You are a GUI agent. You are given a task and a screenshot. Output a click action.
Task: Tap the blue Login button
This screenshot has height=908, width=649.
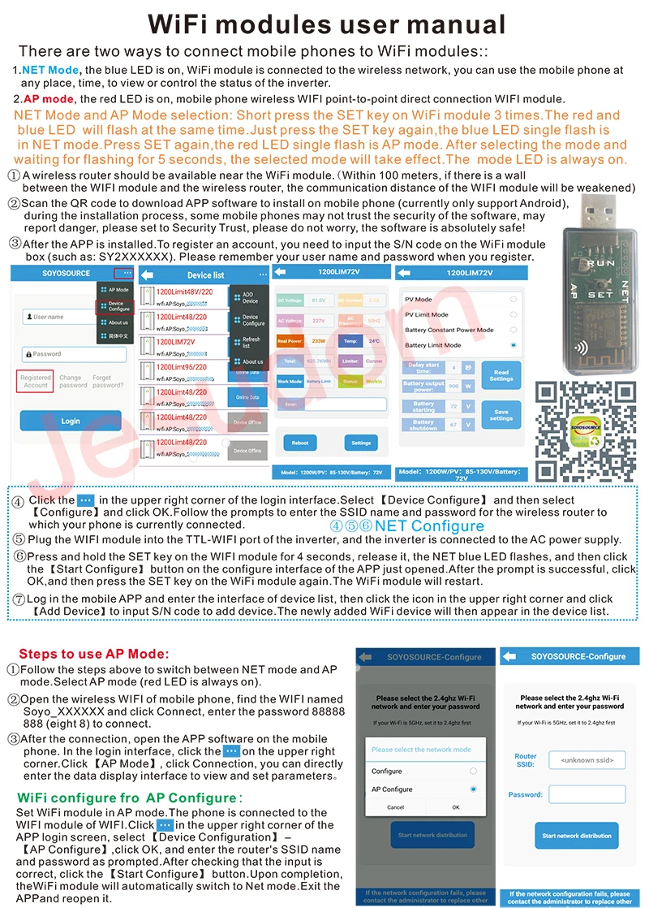[71, 420]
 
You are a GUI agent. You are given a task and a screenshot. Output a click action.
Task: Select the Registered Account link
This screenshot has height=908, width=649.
[36, 381]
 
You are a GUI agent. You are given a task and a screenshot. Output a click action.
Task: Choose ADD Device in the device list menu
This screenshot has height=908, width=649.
[250, 298]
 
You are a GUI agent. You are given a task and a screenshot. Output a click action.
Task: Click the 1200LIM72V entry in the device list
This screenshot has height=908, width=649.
[176, 343]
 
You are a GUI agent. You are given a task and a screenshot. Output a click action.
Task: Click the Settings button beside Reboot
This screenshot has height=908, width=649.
[361, 443]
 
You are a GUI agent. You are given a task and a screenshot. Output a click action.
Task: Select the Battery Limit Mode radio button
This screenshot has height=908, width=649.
[513, 345]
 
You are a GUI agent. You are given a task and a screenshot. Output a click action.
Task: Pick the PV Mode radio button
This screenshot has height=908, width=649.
[513, 299]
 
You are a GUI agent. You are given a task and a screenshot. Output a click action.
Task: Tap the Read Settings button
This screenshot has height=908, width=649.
[501, 375]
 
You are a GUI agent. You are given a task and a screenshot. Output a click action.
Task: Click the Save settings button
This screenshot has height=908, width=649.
[501, 414]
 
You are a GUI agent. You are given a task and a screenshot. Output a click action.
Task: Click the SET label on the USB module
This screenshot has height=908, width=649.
[601, 294]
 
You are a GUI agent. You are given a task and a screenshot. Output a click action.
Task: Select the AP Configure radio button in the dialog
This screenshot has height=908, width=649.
[473, 789]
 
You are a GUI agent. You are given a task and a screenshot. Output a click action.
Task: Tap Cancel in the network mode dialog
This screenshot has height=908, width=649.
[395, 807]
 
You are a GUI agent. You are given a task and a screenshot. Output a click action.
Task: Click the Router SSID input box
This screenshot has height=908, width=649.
[587, 760]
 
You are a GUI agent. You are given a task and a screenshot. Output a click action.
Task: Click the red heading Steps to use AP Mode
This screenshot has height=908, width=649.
[94, 654]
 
